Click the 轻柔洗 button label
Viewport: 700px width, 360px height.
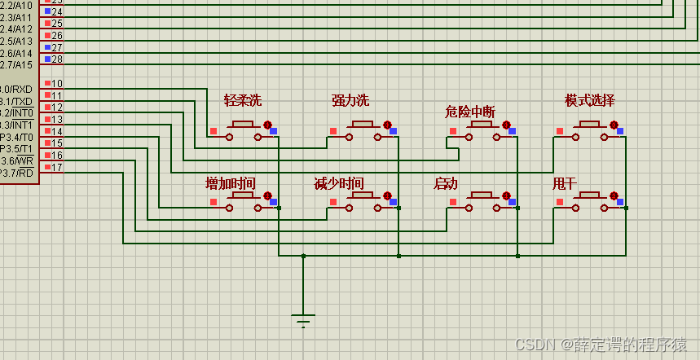click(x=243, y=100)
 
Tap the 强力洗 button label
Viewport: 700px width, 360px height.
click(x=350, y=100)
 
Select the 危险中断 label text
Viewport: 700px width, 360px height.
click(x=470, y=112)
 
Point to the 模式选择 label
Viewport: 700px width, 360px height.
click(x=590, y=100)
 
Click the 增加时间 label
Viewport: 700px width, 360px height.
click(x=231, y=183)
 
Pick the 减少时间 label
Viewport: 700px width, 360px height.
click(x=339, y=183)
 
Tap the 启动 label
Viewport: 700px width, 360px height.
click(x=446, y=183)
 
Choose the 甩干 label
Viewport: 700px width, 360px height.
click(x=564, y=183)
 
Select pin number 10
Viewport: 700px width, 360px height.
click(x=57, y=84)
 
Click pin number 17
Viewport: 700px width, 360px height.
click(x=57, y=167)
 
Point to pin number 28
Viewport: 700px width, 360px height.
click(x=57, y=59)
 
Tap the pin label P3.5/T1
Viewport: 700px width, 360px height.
click(x=15, y=149)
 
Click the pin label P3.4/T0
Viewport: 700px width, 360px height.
click(x=15, y=137)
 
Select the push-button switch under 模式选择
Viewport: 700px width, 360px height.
click(x=590, y=131)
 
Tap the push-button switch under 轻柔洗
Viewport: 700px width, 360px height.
click(x=243, y=131)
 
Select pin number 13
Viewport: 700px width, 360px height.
click(x=57, y=120)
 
